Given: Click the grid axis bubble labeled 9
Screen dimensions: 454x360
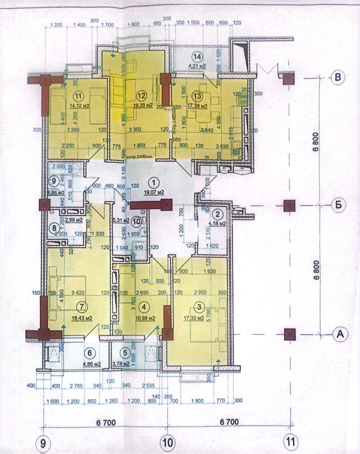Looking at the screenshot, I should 43,443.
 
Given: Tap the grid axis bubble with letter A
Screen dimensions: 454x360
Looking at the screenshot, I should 340,334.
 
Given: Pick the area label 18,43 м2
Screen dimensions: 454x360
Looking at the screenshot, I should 81,319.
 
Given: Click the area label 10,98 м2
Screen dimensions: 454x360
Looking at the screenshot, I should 145,318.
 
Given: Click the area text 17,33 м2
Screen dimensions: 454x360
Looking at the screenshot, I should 193,318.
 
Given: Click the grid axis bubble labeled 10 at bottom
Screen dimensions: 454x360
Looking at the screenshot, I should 167,443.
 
